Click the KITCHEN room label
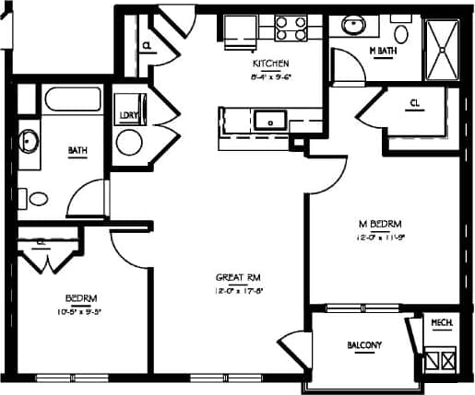click(x=272, y=64)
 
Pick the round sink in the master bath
click(x=352, y=25)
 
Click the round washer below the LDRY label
click(x=129, y=142)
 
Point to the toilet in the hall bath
click(x=38, y=198)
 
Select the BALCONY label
click(x=365, y=345)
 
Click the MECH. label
click(x=441, y=323)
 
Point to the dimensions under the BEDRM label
click(x=78, y=310)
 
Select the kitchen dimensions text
click(x=272, y=76)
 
